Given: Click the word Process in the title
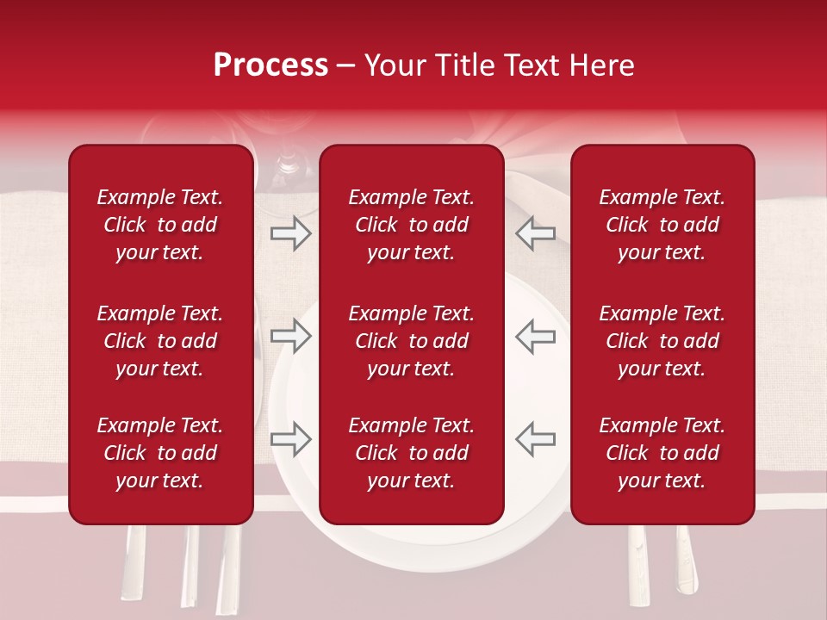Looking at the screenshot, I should pos(270,65).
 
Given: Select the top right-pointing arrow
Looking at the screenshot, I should pos(290,232).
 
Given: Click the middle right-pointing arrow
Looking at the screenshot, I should pos(290,336).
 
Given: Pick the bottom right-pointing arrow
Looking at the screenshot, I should pos(290,439).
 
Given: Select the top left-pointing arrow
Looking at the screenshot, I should pos(536,232).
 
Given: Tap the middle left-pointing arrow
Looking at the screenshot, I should pos(536,336).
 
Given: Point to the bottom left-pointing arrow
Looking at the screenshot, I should pos(536,439).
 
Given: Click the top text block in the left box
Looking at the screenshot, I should pos(160,225).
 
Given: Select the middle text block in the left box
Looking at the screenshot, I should pos(160,341).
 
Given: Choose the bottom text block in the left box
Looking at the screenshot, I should pos(160,453).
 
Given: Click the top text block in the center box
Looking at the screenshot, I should pos(411,225).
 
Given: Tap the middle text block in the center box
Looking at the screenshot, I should pos(411,341).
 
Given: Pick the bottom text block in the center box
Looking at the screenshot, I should pos(411,453).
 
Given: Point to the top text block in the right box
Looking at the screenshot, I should pos(662,225).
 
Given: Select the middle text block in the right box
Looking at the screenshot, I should pos(662,341).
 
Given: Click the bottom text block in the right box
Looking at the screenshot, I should pos(662,453).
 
